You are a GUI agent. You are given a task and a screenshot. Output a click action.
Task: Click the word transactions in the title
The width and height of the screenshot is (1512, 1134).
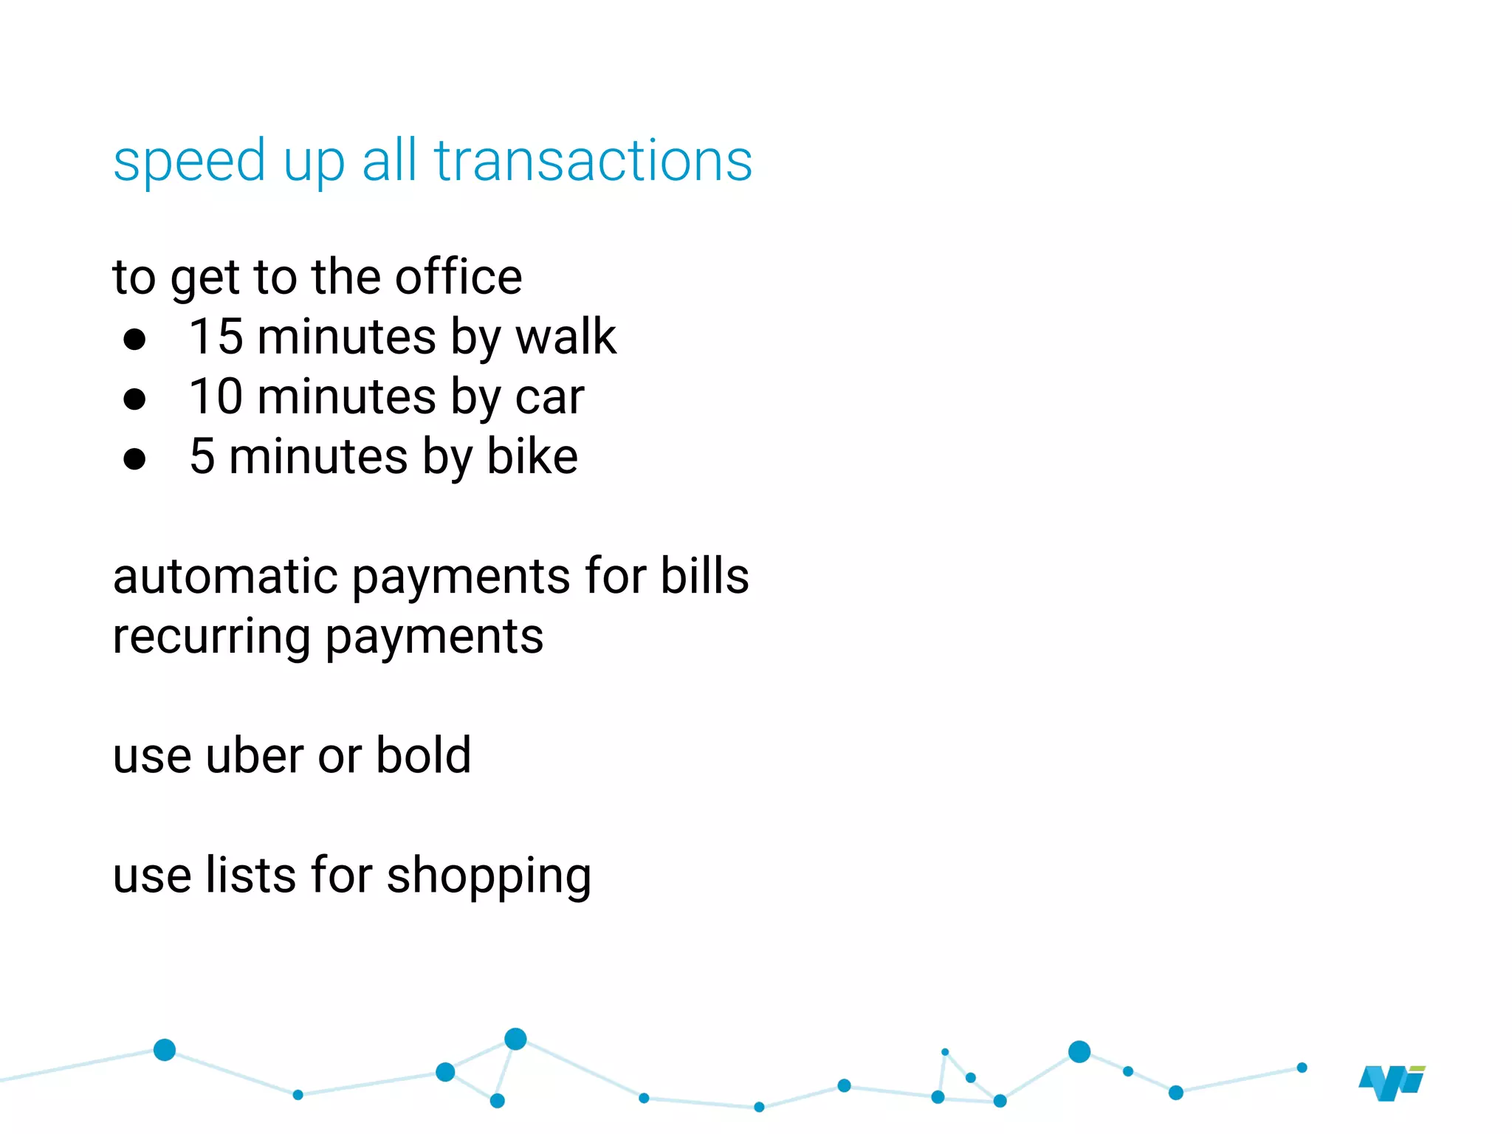point(593,161)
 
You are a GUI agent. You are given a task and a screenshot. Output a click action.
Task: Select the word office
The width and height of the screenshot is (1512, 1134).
point(458,278)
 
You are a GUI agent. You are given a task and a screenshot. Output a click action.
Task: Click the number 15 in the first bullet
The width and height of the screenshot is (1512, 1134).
point(216,337)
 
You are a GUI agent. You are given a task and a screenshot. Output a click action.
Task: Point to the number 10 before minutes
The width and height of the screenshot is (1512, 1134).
point(216,396)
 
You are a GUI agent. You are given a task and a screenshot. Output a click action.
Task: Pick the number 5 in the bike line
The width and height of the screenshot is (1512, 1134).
point(202,456)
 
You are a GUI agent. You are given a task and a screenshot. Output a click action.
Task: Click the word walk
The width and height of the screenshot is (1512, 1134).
point(566,337)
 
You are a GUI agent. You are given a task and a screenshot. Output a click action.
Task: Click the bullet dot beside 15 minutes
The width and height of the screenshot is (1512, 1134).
point(134,340)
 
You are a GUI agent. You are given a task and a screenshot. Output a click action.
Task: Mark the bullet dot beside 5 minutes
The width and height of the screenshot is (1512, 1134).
point(134,459)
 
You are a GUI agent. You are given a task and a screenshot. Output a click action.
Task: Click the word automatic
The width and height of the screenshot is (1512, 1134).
point(224,576)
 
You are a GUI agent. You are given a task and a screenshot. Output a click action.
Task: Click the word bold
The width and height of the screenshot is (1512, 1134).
point(423,756)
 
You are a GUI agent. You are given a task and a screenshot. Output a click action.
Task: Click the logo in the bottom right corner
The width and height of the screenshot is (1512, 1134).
point(1392,1083)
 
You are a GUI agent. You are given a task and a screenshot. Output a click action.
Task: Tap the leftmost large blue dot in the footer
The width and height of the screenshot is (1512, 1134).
point(165,1049)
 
